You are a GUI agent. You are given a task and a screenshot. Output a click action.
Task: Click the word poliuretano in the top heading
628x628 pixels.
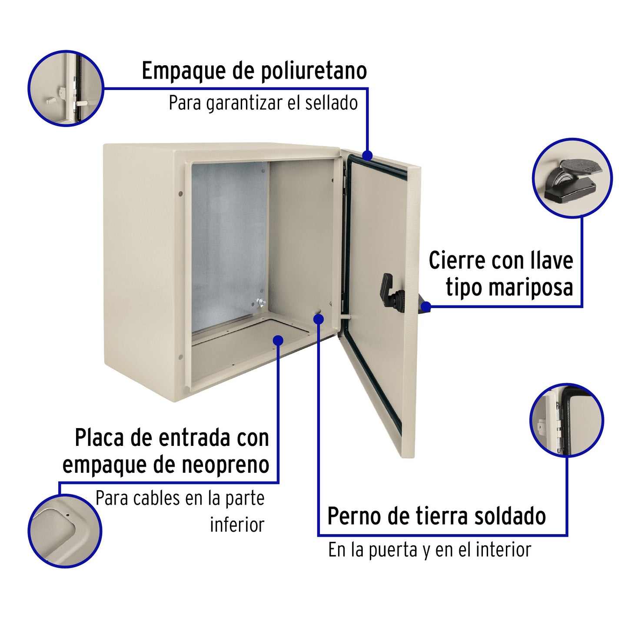[313, 71]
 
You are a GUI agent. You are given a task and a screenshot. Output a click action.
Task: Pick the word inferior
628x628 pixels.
[237, 525]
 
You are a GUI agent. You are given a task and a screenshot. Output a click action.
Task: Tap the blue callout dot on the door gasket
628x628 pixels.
[367, 155]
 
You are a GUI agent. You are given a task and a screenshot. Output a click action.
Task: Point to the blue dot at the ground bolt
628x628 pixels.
[319, 319]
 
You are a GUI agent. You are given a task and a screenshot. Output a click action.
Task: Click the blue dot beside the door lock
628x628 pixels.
[426, 307]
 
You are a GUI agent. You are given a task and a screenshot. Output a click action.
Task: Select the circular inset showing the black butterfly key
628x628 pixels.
[572, 178]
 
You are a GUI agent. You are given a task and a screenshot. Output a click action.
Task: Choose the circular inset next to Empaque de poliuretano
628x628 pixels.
[66, 88]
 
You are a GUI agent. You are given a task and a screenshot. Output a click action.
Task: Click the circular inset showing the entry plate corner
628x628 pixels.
[65, 531]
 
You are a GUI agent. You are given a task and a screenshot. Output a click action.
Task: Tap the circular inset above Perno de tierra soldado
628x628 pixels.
[567, 420]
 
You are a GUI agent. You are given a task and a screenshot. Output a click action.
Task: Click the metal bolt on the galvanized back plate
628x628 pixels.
[260, 302]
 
